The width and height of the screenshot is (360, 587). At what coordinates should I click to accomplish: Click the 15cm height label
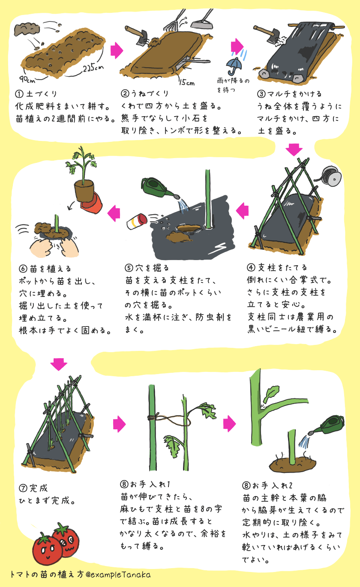click(187, 83)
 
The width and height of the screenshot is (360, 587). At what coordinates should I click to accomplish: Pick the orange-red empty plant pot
click(90, 203)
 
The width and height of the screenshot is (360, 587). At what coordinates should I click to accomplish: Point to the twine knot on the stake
click(151, 417)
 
